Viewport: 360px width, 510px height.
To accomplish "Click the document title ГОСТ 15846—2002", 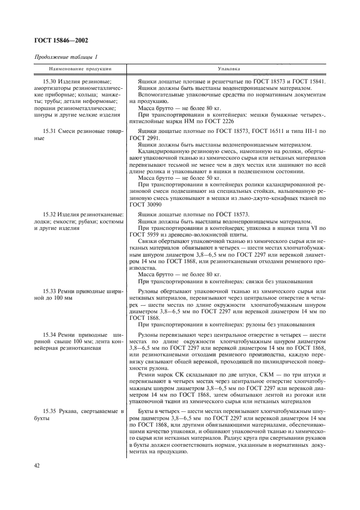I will click(x=62, y=41).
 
